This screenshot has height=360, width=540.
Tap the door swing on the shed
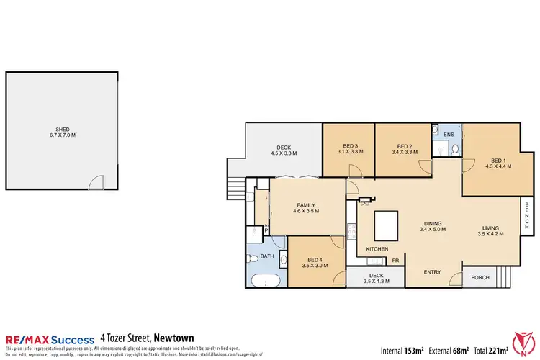click(x=95, y=183)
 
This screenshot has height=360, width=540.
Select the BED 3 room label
click(x=349, y=146)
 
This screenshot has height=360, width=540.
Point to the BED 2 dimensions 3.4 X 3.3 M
click(x=403, y=153)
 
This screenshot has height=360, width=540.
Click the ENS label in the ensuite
click(x=448, y=135)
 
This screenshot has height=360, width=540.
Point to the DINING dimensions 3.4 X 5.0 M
click(x=433, y=230)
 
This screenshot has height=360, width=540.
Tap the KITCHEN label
click(x=377, y=249)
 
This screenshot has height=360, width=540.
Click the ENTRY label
click(x=432, y=271)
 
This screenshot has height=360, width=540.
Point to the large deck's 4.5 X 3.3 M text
click(x=284, y=153)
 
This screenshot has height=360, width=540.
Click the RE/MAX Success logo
click(x=50, y=339)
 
